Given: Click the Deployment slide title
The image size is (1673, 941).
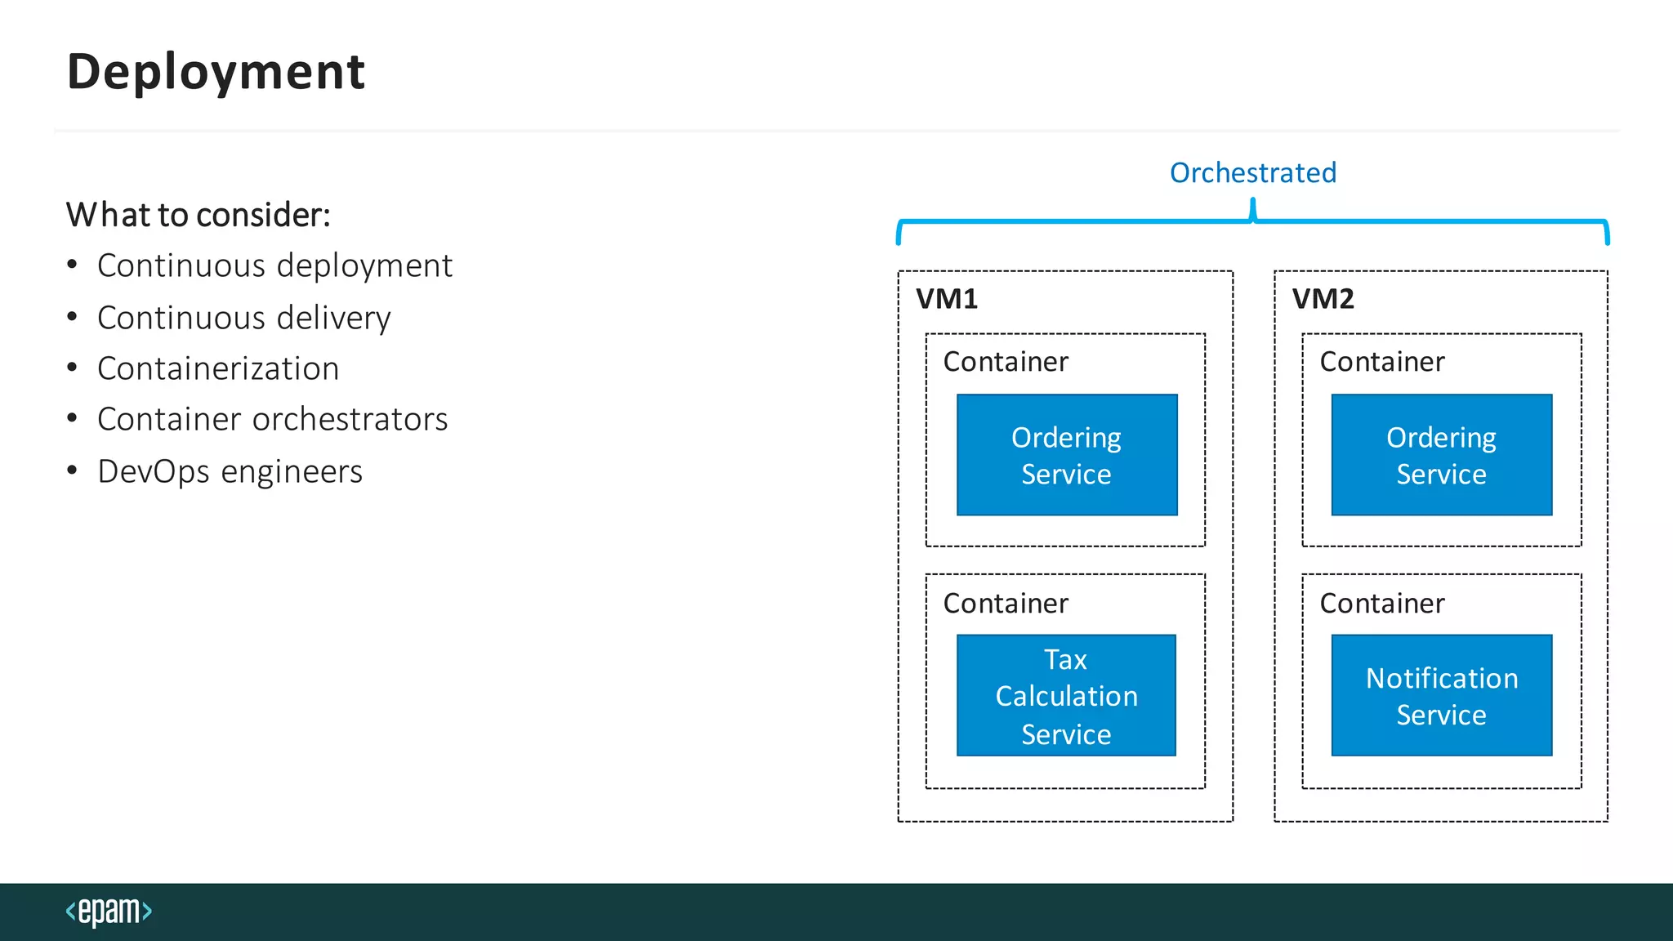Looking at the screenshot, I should point(216,72).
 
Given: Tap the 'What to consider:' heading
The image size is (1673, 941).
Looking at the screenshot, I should point(199,215).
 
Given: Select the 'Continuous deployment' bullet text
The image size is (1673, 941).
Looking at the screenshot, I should point(274,266).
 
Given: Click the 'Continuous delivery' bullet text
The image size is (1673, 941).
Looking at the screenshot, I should point(243,318).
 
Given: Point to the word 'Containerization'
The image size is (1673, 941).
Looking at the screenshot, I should point(218,368).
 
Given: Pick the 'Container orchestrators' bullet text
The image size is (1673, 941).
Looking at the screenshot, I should point(272,420).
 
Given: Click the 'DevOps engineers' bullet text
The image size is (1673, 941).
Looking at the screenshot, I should point(230,471).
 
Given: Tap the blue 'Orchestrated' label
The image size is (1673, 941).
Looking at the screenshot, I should point(1252,172).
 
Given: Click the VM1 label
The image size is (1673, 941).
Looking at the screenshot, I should point(947,298).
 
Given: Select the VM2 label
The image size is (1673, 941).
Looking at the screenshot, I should point(1323,298).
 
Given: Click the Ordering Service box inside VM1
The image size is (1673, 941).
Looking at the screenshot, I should point(1067,455).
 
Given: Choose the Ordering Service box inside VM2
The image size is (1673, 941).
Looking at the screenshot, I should point(1441,455).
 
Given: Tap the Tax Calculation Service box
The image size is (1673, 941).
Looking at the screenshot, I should point(1066,695).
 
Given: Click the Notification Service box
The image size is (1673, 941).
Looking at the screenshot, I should point(1441,695).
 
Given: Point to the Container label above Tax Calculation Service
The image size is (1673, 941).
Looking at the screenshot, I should point(1006,603).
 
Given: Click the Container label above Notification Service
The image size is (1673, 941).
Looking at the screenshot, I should point(1382,603).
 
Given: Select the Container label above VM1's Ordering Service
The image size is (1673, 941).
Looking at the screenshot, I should point(1006,361).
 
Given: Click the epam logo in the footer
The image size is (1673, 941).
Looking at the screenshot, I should point(109,911).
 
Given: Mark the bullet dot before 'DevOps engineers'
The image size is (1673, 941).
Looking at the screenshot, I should point(73,470).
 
